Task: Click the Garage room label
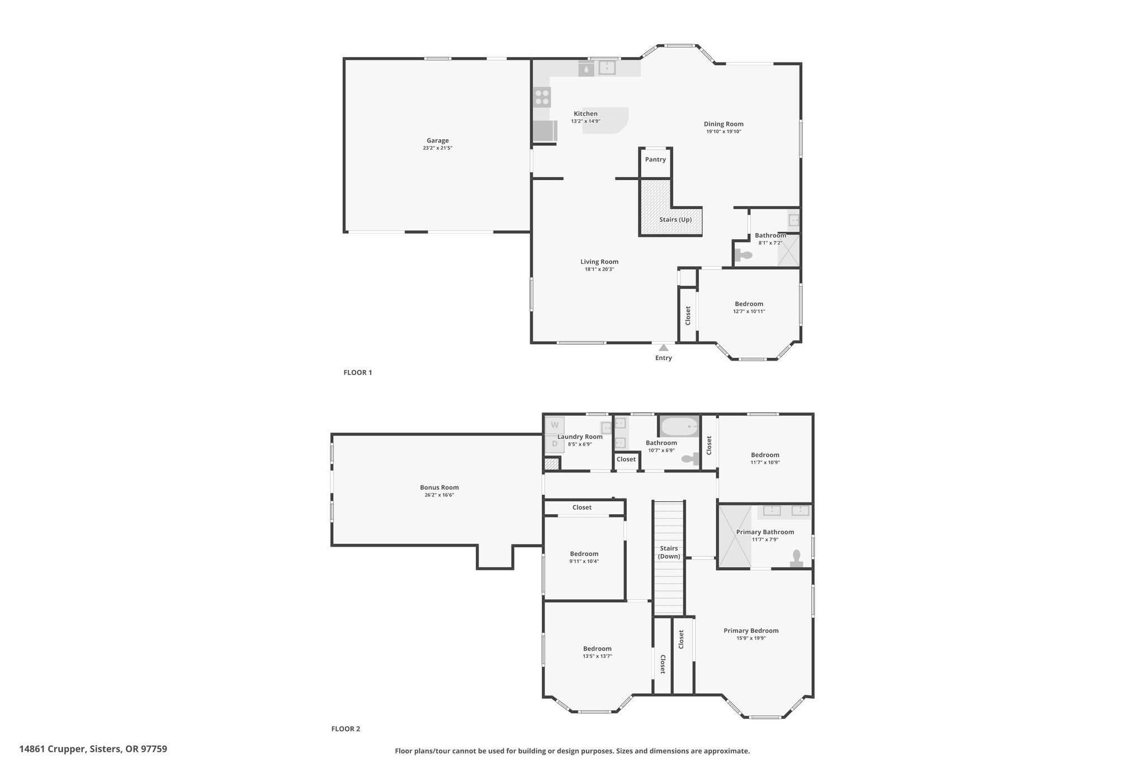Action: point(438,141)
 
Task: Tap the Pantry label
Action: point(655,159)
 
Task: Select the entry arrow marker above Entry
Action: point(664,348)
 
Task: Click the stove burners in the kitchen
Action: point(150,98)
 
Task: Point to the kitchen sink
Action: point(607,68)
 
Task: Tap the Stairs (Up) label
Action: point(675,220)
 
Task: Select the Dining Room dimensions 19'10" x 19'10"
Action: point(723,132)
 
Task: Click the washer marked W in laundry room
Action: point(555,425)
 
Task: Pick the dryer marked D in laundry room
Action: point(555,444)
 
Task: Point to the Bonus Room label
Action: point(439,487)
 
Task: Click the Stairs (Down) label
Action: point(669,552)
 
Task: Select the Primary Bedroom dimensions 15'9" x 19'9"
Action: point(751,638)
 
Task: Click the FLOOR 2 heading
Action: point(346,729)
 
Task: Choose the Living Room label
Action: point(599,262)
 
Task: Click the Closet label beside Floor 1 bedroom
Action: point(688,315)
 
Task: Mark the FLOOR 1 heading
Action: point(358,372)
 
